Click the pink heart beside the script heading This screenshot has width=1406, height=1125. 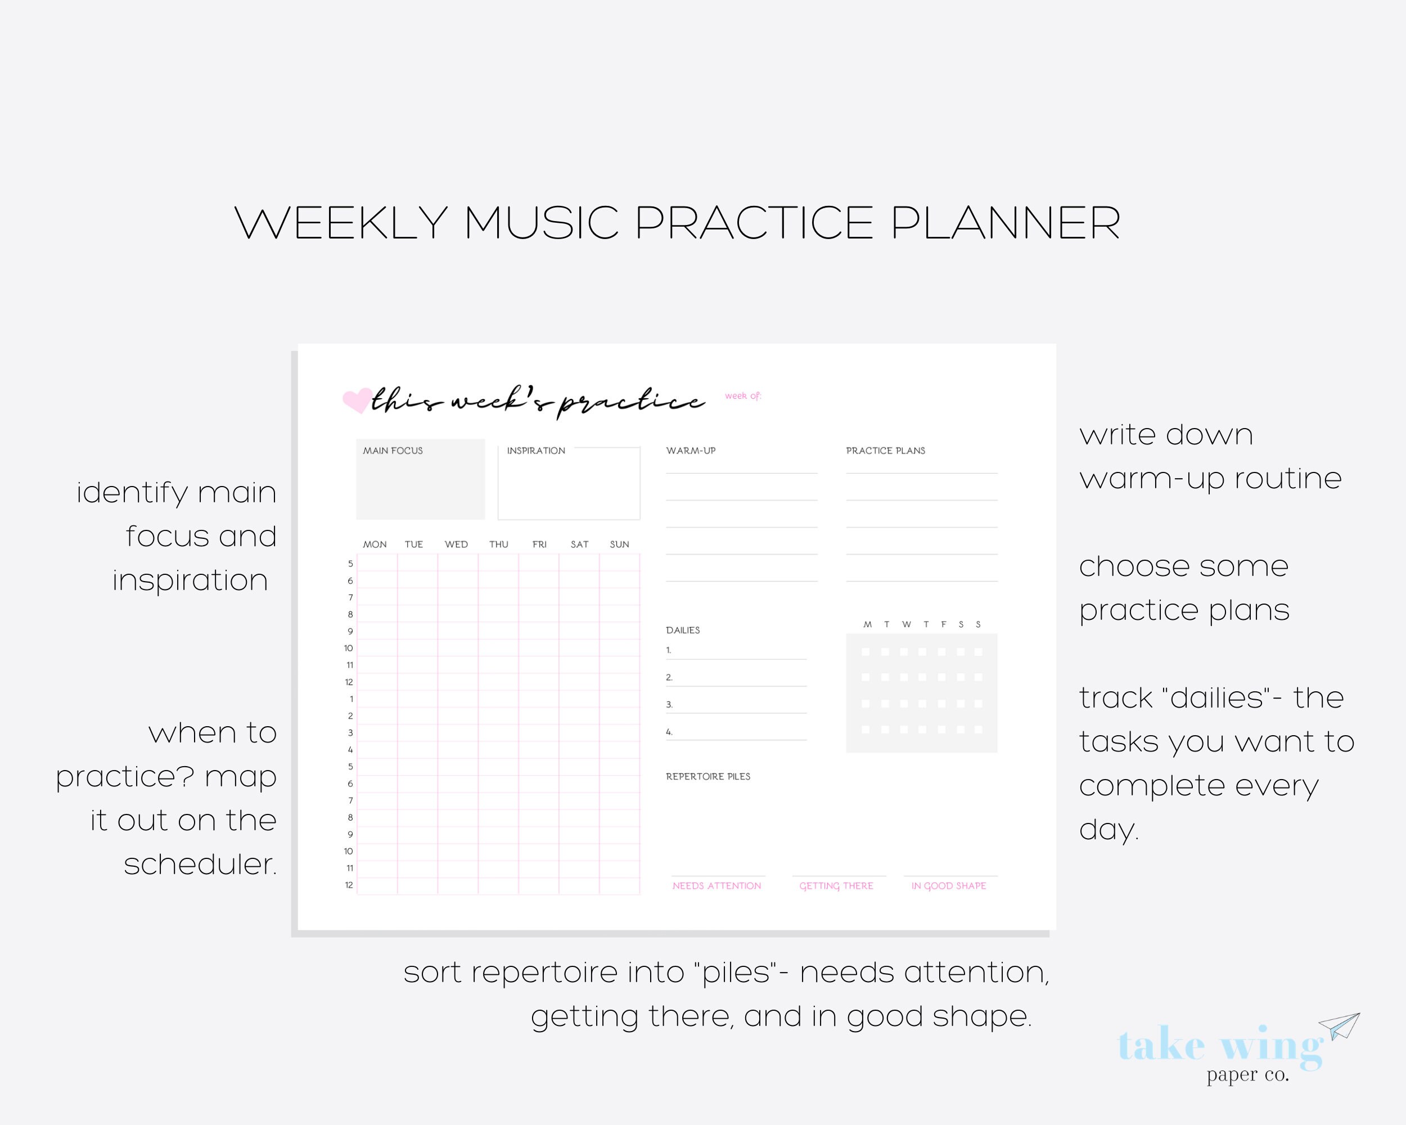(x=357, y=400)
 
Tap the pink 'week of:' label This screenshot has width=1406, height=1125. (x=743, y=396)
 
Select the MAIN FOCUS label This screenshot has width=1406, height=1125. (x=393, y=451)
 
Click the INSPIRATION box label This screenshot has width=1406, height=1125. (x=536, y=451)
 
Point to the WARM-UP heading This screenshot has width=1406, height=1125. (x=691, y=451)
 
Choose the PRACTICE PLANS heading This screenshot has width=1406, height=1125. (x=885, y=451)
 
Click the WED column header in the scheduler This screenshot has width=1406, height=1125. (x=456, y=544)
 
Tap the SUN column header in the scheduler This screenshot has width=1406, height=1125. (x=619, y=544)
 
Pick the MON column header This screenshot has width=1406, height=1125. (x=375, y=544)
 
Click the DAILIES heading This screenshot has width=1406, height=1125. (x=682, y=630)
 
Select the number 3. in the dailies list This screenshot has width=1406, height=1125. (x=669, y=704)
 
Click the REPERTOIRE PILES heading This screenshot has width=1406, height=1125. (x=707, y=776)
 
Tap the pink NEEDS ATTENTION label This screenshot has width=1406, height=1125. (x=716, y=885)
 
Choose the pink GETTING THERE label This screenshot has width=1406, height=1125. (x=836, y=885)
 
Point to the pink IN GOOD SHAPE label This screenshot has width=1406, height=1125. (x=948, y=885)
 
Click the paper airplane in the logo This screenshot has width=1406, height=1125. (x=1340, y=1026)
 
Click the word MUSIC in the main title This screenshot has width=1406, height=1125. (x=541, y=223)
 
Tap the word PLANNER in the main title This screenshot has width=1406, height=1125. (x=1005, y=223)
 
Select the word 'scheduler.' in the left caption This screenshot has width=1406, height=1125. (x=200, y=864)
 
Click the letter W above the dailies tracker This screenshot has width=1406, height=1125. (x=907, y=624)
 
